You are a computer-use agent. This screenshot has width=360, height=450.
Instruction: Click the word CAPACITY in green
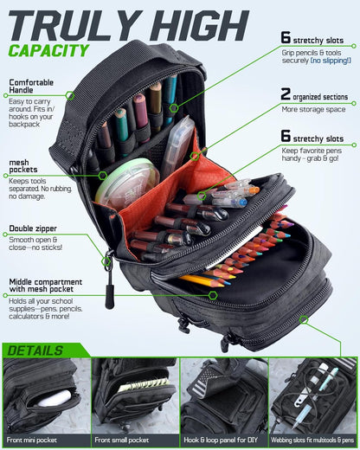[48, 51]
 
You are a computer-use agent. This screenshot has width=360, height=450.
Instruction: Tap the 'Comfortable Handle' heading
[31, 87]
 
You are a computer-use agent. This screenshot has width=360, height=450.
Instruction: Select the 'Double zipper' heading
[33, 228]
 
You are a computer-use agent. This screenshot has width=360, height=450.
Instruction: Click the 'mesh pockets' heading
[23, 166]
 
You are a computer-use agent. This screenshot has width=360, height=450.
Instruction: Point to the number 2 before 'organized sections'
[286, 94]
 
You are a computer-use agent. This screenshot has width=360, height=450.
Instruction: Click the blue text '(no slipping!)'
[331, 61]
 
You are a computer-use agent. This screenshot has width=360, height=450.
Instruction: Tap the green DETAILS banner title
[35, 350]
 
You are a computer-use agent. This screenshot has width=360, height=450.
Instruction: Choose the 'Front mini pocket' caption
[32, 440]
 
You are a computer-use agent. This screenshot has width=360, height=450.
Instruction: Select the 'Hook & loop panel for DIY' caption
[221, 440]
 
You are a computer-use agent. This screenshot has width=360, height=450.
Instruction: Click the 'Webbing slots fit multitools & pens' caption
[312, 440]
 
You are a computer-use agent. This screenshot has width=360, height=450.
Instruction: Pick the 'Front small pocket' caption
[121, 440]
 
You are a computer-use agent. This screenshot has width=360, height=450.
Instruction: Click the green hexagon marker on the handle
[69, 95]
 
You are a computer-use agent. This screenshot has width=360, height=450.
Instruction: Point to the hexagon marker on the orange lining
[195, 156]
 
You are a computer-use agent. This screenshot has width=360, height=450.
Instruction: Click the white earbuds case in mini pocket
[55, 398]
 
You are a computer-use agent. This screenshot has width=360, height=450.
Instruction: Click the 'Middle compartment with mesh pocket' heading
[45, 286]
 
